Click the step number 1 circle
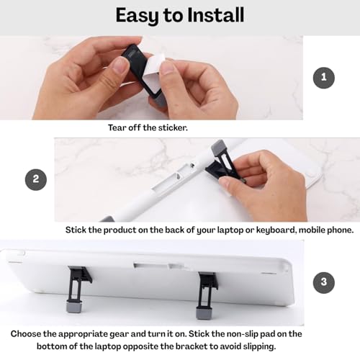[x=324, y=78]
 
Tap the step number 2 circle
[x=36, y=180]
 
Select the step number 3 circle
[x=324, y=282]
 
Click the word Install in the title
[x=215, y=15]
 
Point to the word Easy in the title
[x=137, y=17]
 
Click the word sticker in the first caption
[x=173, y=127]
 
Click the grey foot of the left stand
[x=74, y=307]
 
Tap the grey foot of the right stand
[x=204, y=313]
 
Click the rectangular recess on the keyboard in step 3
[x=159, y=266]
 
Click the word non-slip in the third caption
[x=242, y=334]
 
